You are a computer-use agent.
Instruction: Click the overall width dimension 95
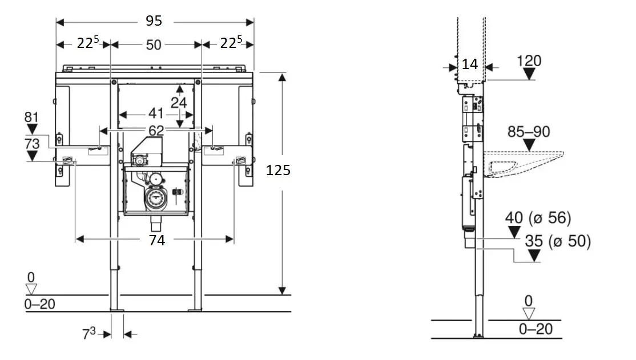coord(154,21)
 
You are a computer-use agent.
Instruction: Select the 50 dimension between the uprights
coord(154,44)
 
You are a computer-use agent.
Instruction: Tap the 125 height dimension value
coord(279,170)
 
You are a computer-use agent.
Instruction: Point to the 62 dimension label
coord(156,131)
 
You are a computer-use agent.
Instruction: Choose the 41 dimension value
coord(156,113)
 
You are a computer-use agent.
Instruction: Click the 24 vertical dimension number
coord(179,102)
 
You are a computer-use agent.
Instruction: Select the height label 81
coord(32,117)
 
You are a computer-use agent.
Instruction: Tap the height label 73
coord(32,143)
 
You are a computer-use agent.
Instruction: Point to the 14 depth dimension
coord(469,64)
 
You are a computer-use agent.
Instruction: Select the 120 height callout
coord(529,60)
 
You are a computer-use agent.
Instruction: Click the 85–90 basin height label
coord(529,132)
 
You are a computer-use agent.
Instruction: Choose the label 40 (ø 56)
coord(538,217)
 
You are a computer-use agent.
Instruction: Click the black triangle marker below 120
coord(530,74)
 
